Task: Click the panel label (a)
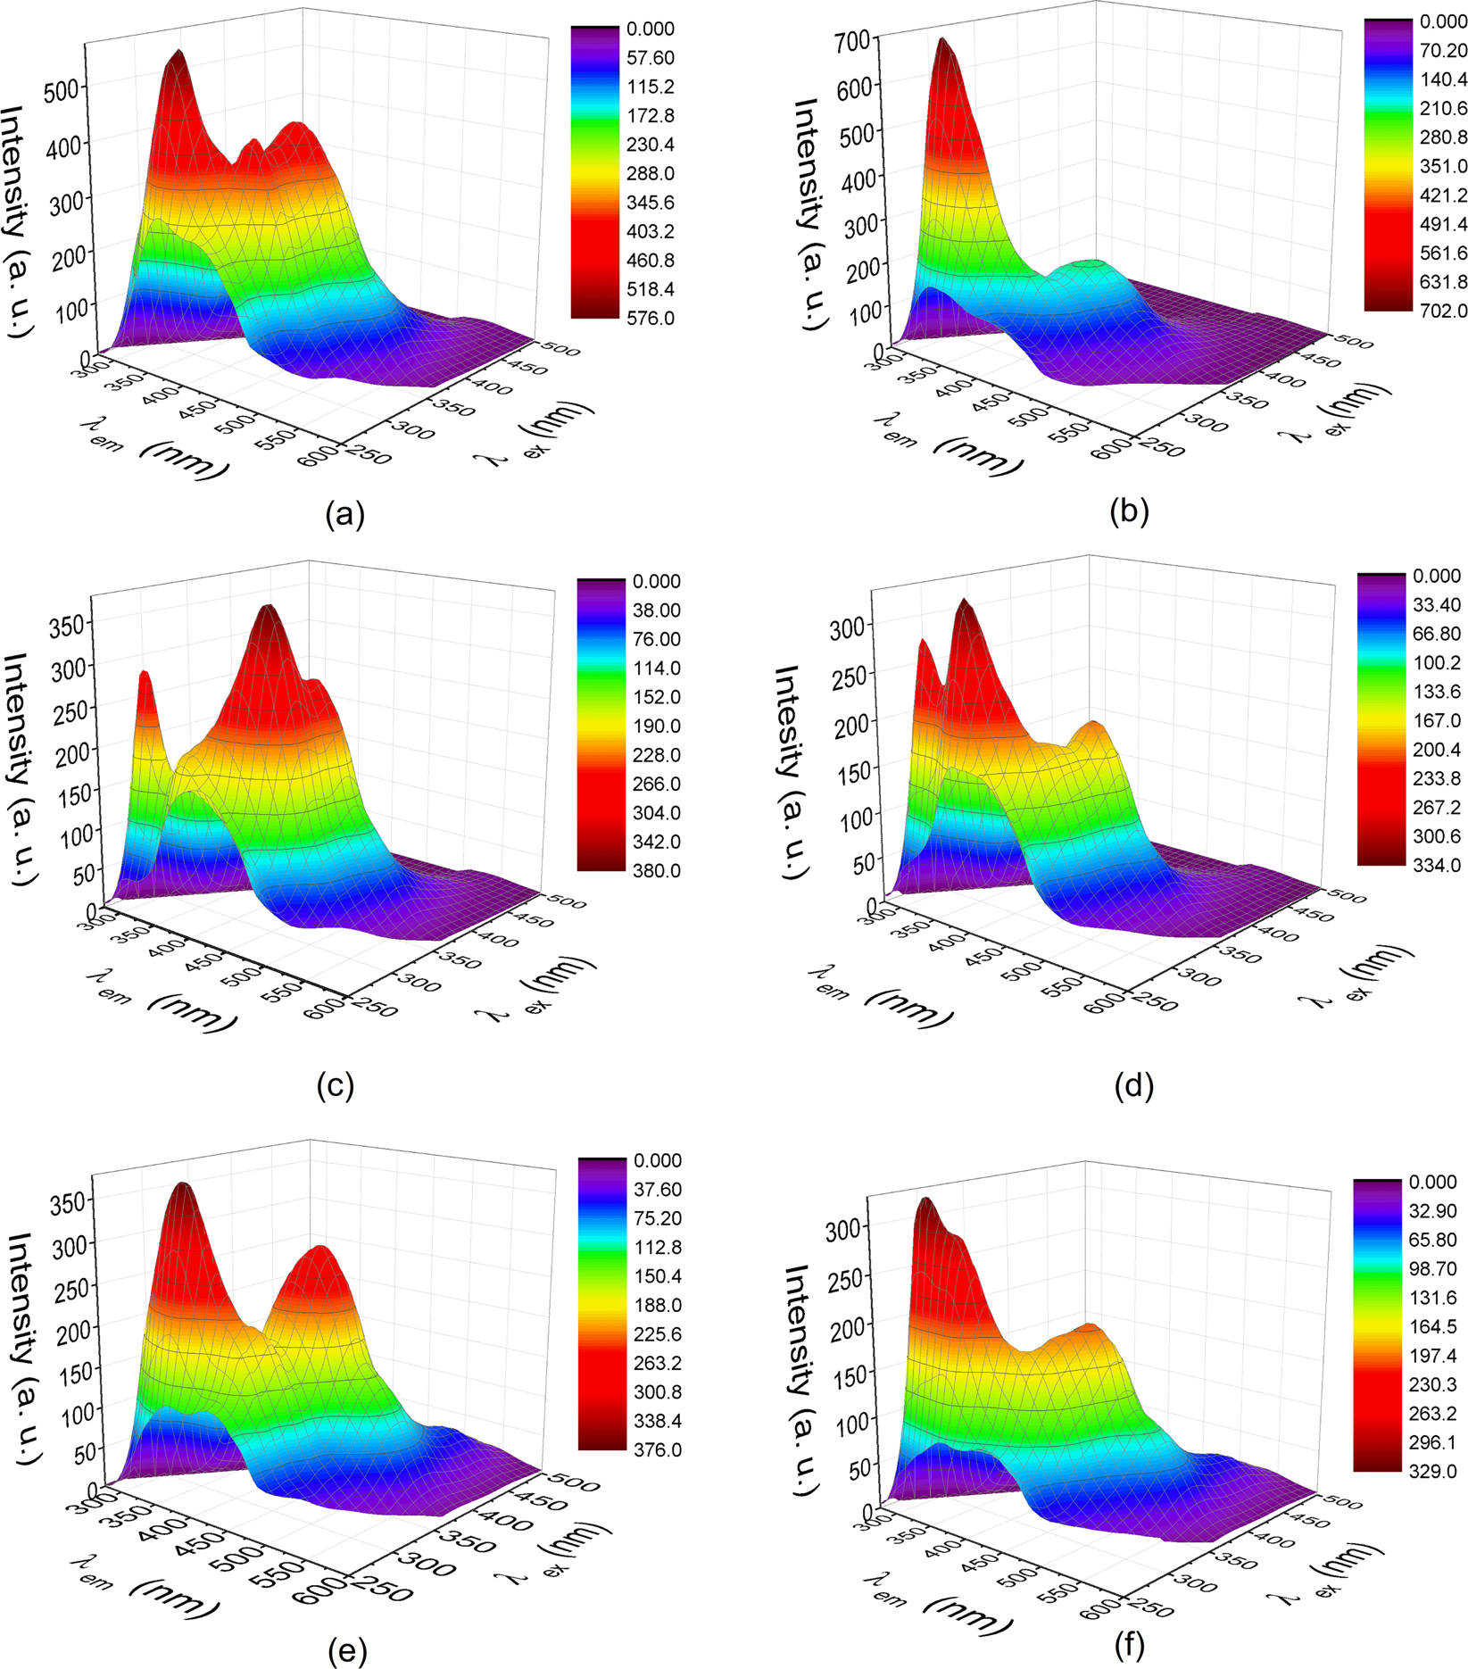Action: (345, 515)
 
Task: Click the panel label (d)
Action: (1134, 1086)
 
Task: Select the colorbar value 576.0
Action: (650, 319)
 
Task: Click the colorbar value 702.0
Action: (1443, 311)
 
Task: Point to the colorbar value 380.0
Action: (656, 871)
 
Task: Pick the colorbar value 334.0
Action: (1436, 865)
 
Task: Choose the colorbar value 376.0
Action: (657, 1450)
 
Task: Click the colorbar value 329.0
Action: (1432, 1472)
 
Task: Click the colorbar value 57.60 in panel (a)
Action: (650, 58)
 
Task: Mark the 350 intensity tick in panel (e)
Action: (70, 1201)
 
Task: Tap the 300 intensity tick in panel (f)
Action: (845, 1228)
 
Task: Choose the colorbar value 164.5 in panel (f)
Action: (1432, 1327)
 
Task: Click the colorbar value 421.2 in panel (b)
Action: (1443, 195)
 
